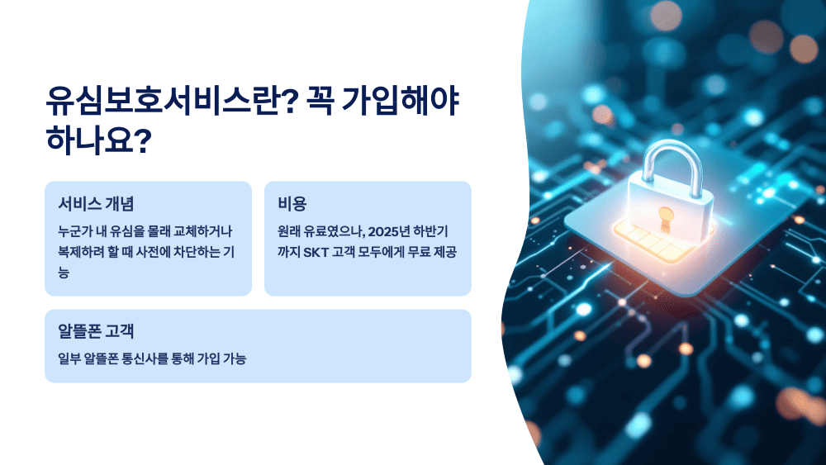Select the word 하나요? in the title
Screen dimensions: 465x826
[98, 141]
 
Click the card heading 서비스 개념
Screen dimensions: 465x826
[97, 203]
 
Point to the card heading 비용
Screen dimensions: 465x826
[292, 203]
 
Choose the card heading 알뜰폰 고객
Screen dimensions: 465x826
[96, 331]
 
